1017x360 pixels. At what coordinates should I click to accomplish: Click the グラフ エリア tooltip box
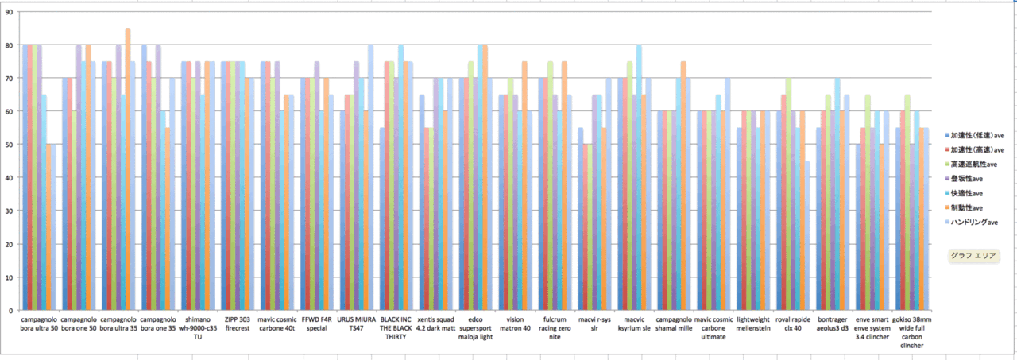(x=974, y=256)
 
